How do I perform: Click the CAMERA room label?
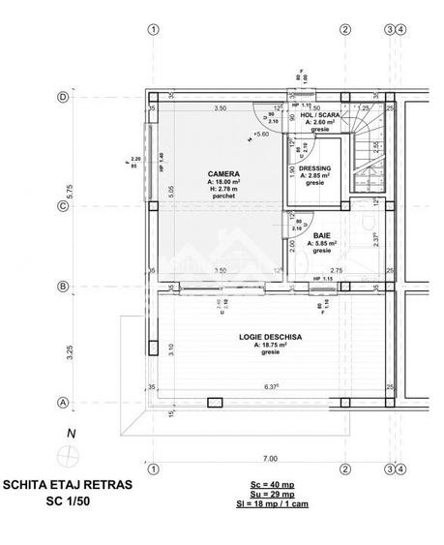(x=222, y=174)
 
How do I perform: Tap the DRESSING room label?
(x=314, y=167)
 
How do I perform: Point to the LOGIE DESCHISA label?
(x=271, y=336)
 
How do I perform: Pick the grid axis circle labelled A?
(x=63, y=402)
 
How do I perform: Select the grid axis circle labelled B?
(x=63, y=287)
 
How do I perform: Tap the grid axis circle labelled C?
(x=63, y=206)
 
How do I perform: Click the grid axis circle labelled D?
(x=63, y=98)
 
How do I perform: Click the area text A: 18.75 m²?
(x=271, y=345)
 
